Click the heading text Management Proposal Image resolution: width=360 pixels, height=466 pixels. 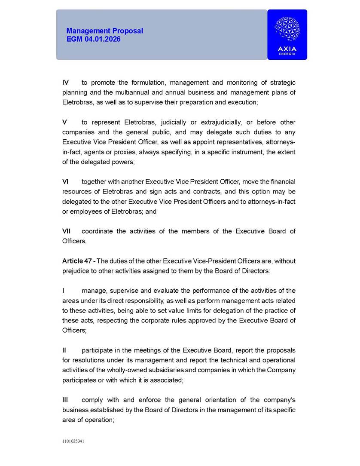click(x=104, y=31)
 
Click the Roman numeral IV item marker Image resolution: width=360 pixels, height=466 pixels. click(x=66, y=83)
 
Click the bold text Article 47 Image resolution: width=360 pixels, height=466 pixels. click(x=78, y=261)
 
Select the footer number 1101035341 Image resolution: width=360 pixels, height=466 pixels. click(x=73, y=441)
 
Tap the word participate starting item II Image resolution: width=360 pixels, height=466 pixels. click(x=97, y=350)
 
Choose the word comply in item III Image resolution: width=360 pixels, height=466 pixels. click(x=91, y=400)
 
